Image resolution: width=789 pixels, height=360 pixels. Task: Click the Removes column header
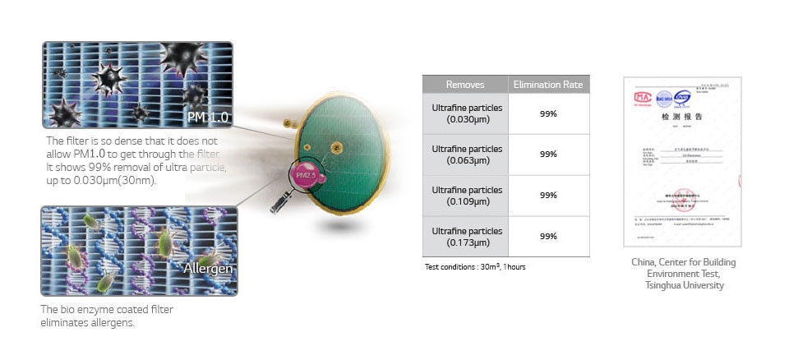click(x=465, y=85)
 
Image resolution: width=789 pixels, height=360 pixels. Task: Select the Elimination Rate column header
click(x=548, y=85)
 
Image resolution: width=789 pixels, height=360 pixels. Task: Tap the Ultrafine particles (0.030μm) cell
click(x=465, y=113)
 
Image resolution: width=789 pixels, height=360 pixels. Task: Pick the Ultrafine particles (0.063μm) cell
click(x=465, y=154)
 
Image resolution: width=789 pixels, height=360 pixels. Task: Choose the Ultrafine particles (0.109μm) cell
click(x=465, y=195)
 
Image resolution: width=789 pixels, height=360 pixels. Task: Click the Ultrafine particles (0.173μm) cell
click(x=465, y=236)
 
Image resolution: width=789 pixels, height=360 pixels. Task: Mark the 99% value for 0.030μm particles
click(x=548, y=113)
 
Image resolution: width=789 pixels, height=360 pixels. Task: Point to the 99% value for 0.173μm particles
click(x=548, y=236)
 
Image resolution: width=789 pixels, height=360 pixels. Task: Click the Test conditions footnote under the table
click(x=476, y=267)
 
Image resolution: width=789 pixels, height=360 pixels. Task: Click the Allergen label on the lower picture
click(x=208, y=269)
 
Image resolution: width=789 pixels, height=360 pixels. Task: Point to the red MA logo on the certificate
click(x=642, y=95)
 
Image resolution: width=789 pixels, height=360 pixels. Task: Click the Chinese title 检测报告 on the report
click(x=683, y=118)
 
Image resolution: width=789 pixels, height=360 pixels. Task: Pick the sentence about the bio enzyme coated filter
click(x=107, y=316)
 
